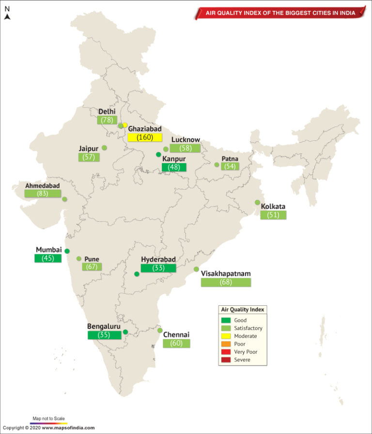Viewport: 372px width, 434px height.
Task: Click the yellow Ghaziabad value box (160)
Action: [145, 137]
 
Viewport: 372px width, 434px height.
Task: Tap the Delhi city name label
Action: [107, 112]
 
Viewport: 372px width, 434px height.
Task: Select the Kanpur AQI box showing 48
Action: [174, 167]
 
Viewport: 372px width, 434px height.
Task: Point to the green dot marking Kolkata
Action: [258, 202]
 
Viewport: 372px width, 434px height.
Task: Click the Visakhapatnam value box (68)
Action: [226, 282]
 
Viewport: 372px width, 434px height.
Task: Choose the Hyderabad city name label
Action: [158, 259]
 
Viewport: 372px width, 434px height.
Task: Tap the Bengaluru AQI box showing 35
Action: [104, 334]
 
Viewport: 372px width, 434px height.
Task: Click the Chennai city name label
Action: [176, 334]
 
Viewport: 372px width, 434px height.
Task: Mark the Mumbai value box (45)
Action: [48, 258]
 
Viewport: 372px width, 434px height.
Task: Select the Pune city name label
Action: [92, 259]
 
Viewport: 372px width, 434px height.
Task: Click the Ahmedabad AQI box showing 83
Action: [43, 194]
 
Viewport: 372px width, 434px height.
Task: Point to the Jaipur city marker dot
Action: [104, 148]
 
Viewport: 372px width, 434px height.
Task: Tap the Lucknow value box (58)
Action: [185, 148]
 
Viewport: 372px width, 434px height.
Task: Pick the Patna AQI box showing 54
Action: [230, 166]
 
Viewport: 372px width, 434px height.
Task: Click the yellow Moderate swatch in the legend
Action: [226, 336]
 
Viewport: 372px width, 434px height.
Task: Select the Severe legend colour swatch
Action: [226, 359]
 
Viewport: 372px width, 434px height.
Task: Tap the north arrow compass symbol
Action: [7, 17]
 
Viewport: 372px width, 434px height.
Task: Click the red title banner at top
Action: [280, 13]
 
